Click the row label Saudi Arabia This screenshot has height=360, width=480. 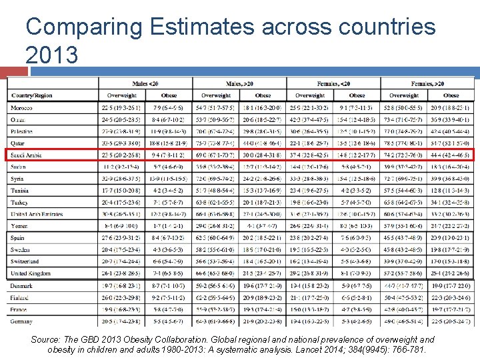[x=27, y=155]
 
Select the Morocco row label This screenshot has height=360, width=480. [x=22, y=107]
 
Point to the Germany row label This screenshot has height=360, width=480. [x=23, y=321]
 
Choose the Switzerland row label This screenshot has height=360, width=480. [x=26, y=262]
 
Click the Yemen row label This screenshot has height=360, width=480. [x=19, y=226]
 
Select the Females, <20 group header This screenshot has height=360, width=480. [x=333, y=83]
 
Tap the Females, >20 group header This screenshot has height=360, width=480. [x=426, y=83]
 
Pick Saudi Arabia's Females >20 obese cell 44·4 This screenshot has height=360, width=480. [x=450, y=155]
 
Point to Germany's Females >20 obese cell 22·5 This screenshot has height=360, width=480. [x=450, y=321]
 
